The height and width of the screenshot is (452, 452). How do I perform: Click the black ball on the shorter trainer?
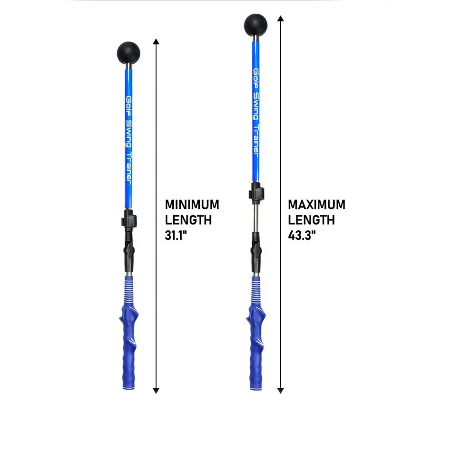pos(128,53)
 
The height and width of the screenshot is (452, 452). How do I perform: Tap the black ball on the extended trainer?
pos(255,25)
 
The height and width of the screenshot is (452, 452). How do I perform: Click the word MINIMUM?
pos(192,205)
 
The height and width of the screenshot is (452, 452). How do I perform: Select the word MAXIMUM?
pos(316,205)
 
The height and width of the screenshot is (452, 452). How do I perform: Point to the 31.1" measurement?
pos(176,235)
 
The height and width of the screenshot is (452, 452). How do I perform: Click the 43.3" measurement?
pos(302,235)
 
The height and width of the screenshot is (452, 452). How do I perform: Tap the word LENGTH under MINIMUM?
pos(188,220)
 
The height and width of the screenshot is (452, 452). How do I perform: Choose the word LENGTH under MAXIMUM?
pos(311,220)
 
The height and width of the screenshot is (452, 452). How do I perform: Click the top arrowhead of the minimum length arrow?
pos(156,41)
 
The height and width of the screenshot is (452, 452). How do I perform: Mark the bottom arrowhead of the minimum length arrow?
pos(156,391)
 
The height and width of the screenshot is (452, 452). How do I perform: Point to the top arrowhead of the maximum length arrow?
pos(281,19)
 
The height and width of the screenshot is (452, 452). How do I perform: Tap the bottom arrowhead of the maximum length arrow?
pos(281,391)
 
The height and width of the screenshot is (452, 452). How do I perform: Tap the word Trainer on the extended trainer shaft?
pos(256,141)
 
